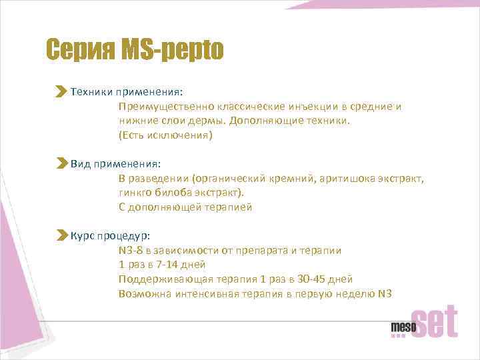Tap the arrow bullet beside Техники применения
coord(61,91)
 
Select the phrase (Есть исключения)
coord(165,135)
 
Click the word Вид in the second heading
coord(80,163)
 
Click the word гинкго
coord(135,193)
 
